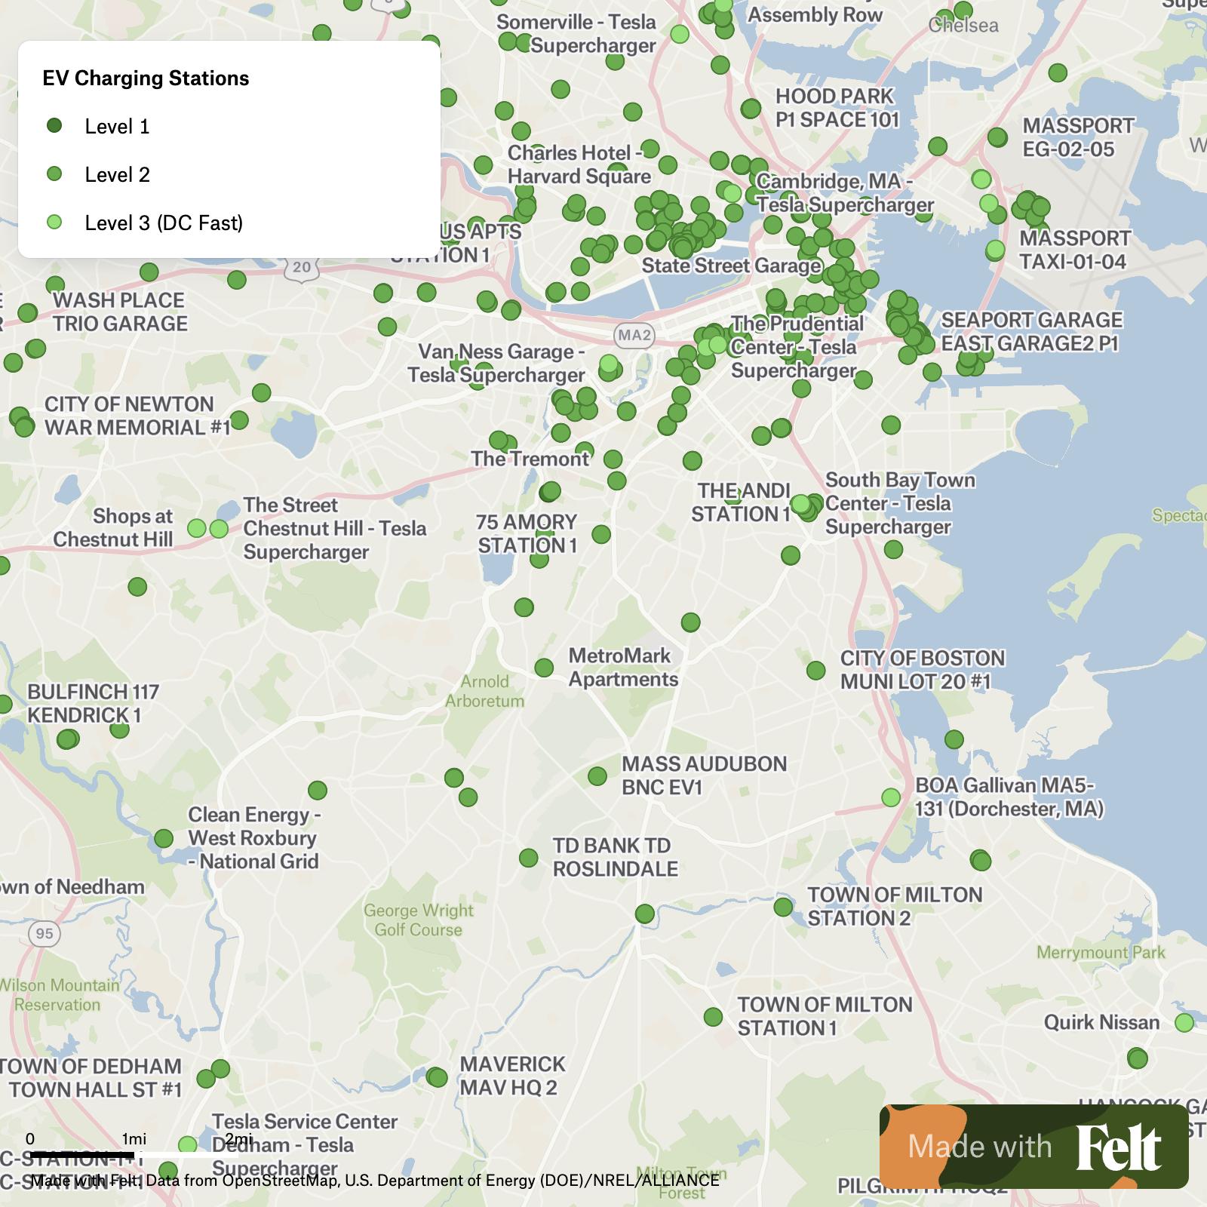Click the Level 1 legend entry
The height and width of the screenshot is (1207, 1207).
point(117,127)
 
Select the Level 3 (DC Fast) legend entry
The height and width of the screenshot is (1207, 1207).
point(163,223)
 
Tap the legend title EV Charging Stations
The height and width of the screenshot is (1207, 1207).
point(146,78)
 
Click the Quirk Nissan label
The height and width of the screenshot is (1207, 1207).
point(1101,1023)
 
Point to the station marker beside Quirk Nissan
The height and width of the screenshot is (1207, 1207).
point(1184,1023)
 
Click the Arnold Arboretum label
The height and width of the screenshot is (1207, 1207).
point(484,691)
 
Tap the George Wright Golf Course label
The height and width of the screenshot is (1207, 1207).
point(419,920)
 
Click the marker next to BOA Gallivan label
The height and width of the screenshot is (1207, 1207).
point(891,797)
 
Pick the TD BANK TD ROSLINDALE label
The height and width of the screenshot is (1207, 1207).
point(615,857)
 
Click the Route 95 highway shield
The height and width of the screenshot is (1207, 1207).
point(45,934)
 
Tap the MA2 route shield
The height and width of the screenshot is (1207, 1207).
point(634,335)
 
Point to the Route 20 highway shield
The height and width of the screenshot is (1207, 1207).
point(302,267)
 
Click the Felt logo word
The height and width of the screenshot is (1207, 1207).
point(1118,1147)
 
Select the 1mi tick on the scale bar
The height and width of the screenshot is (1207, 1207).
point(134,1139)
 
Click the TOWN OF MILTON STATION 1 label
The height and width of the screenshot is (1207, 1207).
point(825,1016)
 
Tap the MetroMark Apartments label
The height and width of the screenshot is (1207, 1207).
point(623,668)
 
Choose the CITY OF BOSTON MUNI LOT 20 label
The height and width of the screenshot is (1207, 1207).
point(923,670)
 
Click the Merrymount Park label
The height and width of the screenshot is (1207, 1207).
point(1101,953)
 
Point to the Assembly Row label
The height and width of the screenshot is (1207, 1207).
point(815,15)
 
